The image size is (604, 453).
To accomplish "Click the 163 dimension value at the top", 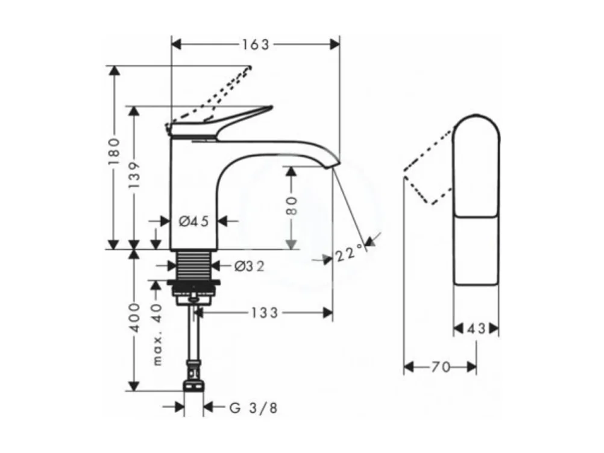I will [x=256, y=44].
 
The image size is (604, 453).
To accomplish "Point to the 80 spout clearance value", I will [x=291, y=207].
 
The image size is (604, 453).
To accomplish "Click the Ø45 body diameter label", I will [x=193, y=221].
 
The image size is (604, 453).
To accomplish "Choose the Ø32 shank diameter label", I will [x=249, y=265].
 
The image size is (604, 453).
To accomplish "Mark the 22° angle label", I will [x=350, y=253].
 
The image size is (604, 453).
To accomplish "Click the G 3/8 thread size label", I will [x=254, y=408].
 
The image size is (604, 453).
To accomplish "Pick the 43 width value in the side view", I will [x=476, y=329].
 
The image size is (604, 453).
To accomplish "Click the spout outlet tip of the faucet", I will [x=335, y=164].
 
